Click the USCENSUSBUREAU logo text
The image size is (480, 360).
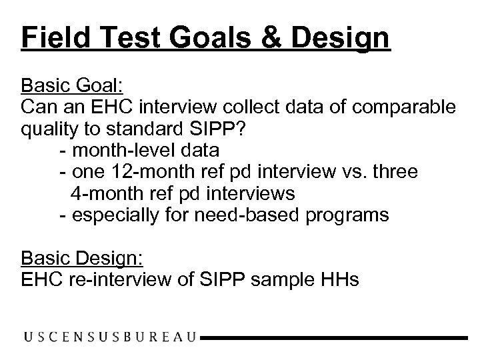click(x=110, y=338)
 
